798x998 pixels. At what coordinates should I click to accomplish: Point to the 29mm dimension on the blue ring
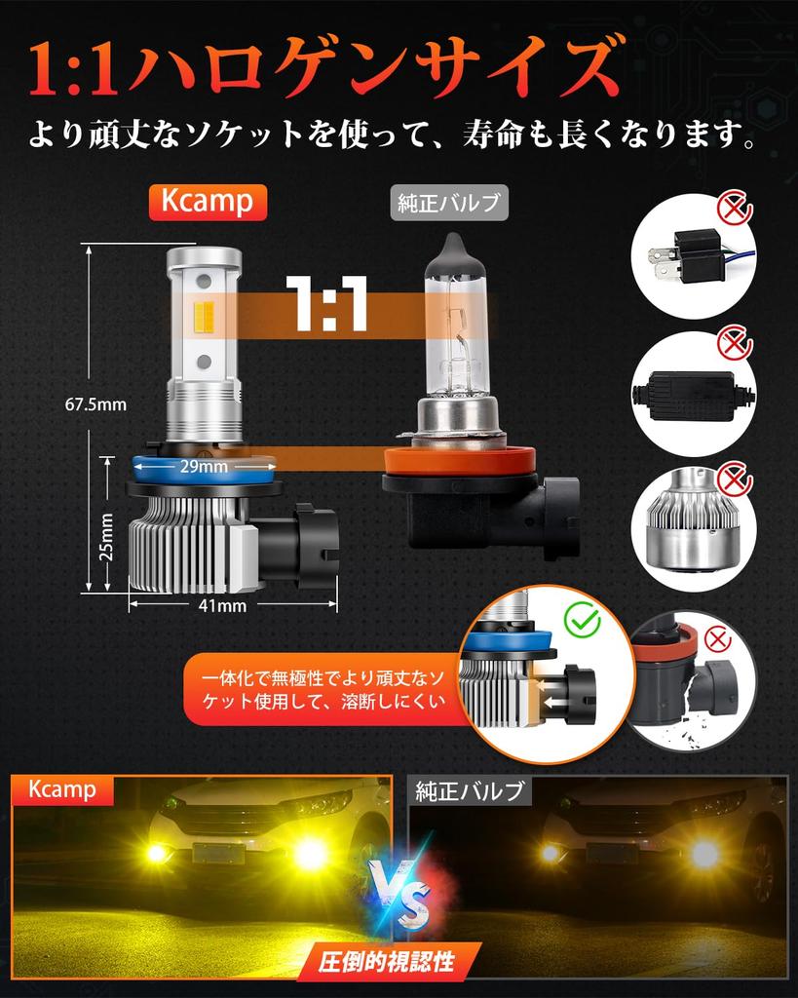[204, 467]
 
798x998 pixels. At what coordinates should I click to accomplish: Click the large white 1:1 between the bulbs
[326, 304]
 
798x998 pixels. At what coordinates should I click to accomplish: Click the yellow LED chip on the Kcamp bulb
[204, 324]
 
